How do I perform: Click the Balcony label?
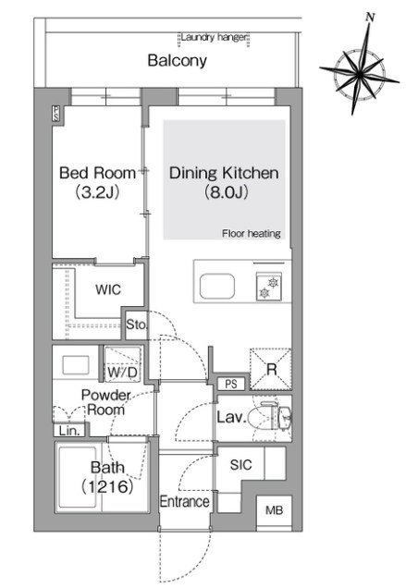[178, 61]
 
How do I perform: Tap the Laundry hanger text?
[214, 37]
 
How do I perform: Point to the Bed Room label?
[97, 173]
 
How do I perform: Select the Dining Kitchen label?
[224, 173]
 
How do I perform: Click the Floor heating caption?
[252, 234]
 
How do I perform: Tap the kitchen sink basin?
[217, 287]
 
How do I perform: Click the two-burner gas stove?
[269, 288]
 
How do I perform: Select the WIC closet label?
[108, 289]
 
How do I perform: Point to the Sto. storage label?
[137, 325]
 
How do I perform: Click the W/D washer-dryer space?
[122, 364]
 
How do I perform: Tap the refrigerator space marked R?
[271, 370]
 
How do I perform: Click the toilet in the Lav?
[273, 417]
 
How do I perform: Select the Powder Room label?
[105, 402]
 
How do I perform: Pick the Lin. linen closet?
[69, 431]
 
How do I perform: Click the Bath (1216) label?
[107, 477]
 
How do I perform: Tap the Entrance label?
[184, 501]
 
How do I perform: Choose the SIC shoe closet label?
[240, 465]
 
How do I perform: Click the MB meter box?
[275, 510]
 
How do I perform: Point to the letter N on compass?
[371, 18]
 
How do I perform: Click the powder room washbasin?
[76, 365]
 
